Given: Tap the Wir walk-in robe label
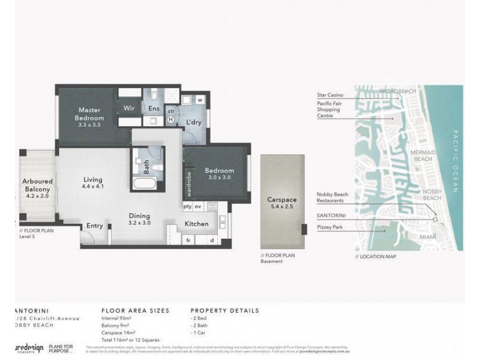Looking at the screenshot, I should (129, 109).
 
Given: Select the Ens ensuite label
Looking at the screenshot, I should (154, 109).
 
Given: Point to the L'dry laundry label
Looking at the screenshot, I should (193, 122).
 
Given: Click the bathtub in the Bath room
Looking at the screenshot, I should (143, 184).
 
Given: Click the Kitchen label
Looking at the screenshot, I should (196, 224).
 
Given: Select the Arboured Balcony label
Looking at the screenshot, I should (38, 185).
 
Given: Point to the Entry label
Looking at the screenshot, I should (95, 226).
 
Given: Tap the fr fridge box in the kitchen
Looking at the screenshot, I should (188, 240).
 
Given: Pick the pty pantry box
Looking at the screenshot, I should (188, 206).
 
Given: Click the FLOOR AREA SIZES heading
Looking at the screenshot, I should (136, 311).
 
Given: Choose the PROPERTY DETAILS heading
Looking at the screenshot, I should (224, 311).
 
